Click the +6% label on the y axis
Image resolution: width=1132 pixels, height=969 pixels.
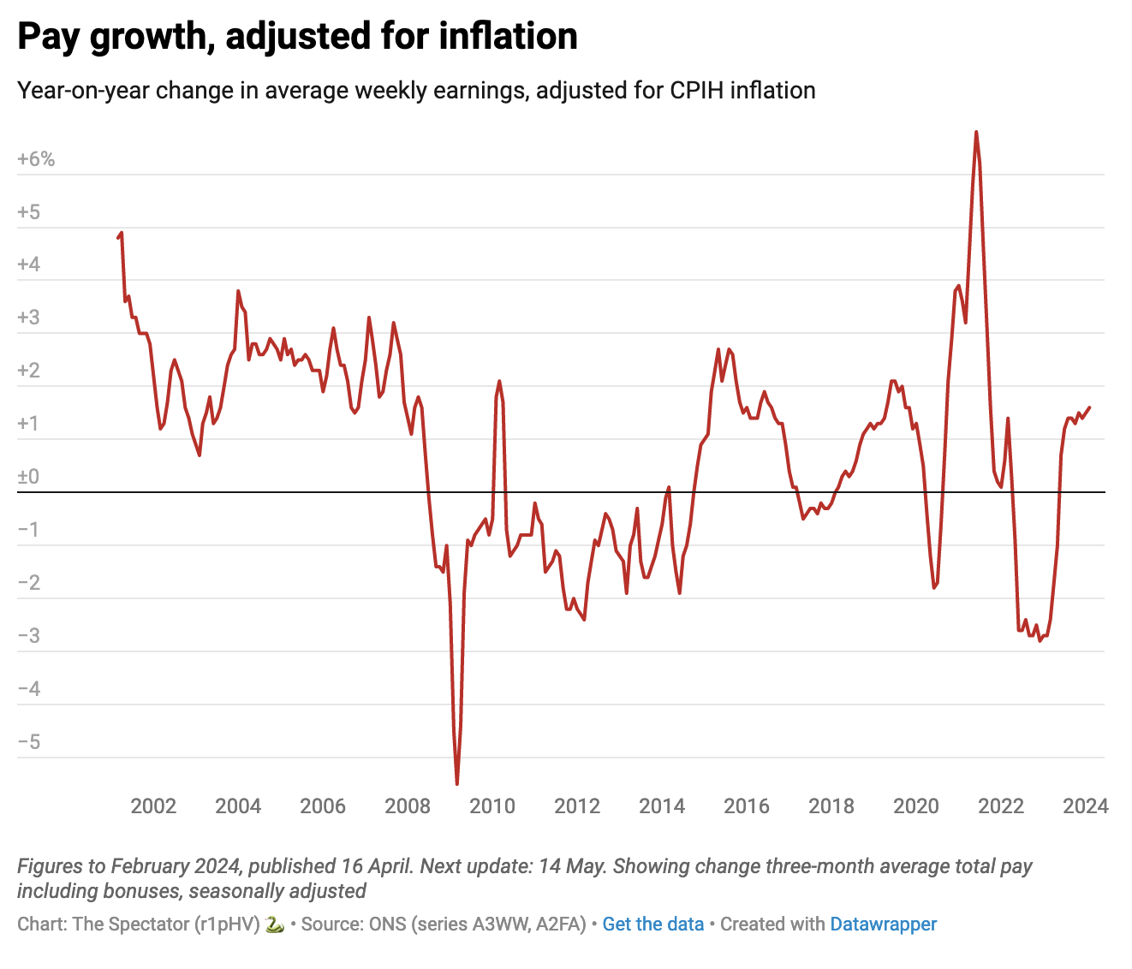click(x=36, y=159)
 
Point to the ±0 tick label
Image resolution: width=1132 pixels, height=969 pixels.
click(x=28, y=477)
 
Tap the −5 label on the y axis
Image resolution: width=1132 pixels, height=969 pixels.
click(x=28, y=741)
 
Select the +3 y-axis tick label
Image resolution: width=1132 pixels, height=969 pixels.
click(x=28, y=318)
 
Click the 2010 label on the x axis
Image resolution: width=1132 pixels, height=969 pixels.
click(x=492, y=806)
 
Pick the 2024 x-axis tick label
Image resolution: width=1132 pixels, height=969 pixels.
click(x=1086, y=806)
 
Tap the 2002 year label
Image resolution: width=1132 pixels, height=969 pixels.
click(x=153, y=806)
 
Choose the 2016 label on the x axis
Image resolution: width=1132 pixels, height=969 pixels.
click(x=747, y=806)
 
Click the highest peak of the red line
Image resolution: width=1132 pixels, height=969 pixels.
click(x=976, y=133)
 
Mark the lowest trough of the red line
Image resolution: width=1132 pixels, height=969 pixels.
click(x=457, y=783)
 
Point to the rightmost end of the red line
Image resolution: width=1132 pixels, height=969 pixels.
click(x=1089, y=407)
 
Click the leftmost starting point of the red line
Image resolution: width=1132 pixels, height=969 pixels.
click(x=118, y=237)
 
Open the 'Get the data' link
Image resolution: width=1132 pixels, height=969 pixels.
click(x=652, y=924)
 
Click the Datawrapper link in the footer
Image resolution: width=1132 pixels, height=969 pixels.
click(x=883, y=924)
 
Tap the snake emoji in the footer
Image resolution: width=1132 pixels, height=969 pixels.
click(x=274, y=924)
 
